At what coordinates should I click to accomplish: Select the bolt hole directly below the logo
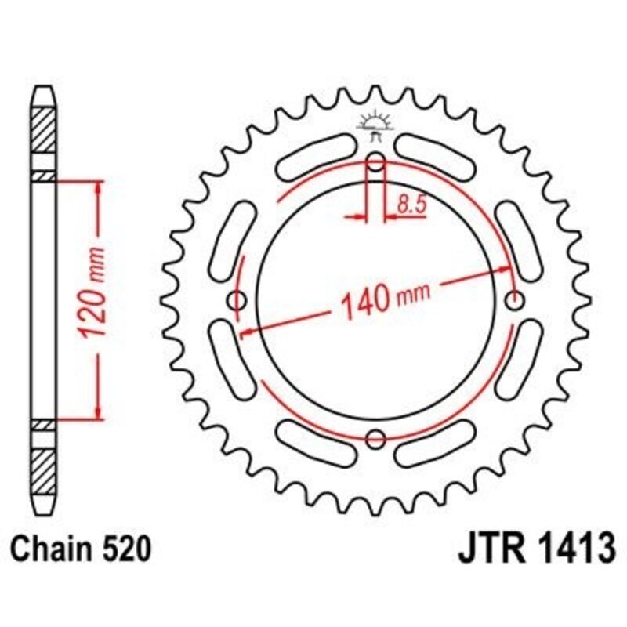(x=376, y=164)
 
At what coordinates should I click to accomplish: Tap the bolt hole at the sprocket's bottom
(x=376, y=438)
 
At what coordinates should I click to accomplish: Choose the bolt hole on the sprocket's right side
(x=515, y=299)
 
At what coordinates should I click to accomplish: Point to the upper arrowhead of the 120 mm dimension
(x=99, y=188)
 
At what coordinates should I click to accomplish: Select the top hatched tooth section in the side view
(x=44, y=129)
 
